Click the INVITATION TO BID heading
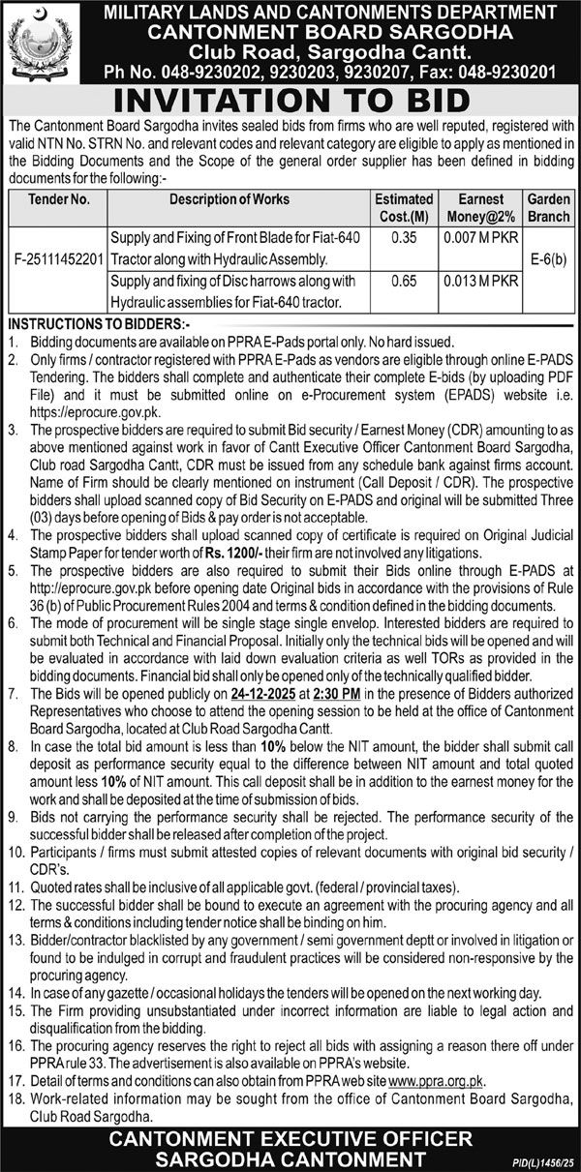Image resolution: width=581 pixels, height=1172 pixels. click(x=290, y=101)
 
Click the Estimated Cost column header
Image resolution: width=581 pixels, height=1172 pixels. click(x=404, y=206)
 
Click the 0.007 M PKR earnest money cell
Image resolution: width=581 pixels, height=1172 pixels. click(x=479, y=238)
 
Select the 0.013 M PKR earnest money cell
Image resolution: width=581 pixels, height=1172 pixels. click(x=479, y=282)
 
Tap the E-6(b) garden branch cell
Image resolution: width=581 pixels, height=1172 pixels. click(x=549, y=260)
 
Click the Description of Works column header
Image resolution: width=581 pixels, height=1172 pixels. click(x=229, y=199)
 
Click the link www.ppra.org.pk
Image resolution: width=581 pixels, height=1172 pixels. click(x=434, y=1080)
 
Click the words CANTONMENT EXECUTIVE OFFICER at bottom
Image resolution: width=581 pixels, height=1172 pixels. click(x=290, y=1137)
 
